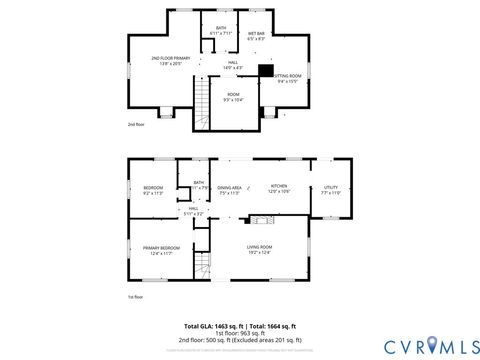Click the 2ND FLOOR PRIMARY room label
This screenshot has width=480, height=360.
(170, 61)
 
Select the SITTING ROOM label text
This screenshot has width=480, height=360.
(288, 78)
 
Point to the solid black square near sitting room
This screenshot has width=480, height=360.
(265, 70)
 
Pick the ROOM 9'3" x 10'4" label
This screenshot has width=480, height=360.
(232, 96)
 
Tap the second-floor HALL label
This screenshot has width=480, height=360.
(232, 65)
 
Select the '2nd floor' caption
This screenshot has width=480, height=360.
(136, 124)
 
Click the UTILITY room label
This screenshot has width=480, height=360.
(331, 189)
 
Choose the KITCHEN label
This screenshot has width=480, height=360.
(279, 189)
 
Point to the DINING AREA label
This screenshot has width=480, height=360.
(230, 189)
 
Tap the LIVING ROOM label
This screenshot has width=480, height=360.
(260, 249)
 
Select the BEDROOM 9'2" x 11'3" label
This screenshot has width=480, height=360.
(152, 190)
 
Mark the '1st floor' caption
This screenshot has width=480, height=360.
(136, 297)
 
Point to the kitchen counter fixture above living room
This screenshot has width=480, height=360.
(264, 219)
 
